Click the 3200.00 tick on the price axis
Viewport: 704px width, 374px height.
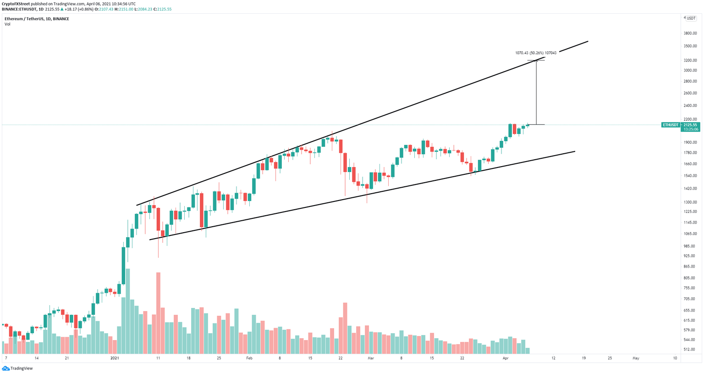690,60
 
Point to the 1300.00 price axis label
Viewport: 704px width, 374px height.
690,202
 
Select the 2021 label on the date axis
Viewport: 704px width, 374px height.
115,358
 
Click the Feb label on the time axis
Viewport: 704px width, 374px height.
249,358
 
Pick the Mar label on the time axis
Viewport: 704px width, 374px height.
371,358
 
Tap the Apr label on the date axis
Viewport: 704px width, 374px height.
506,358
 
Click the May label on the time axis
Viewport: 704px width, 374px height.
636,358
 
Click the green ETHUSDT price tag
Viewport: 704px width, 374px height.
671,125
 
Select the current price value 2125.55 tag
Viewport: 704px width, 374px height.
690,125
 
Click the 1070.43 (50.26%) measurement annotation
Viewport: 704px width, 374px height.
535,53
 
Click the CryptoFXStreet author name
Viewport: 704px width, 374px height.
16,4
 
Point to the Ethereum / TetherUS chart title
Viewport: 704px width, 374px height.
37,19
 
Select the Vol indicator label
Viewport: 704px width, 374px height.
7,24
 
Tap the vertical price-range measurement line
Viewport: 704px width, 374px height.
536,92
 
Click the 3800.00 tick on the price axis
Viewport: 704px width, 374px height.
690,33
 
